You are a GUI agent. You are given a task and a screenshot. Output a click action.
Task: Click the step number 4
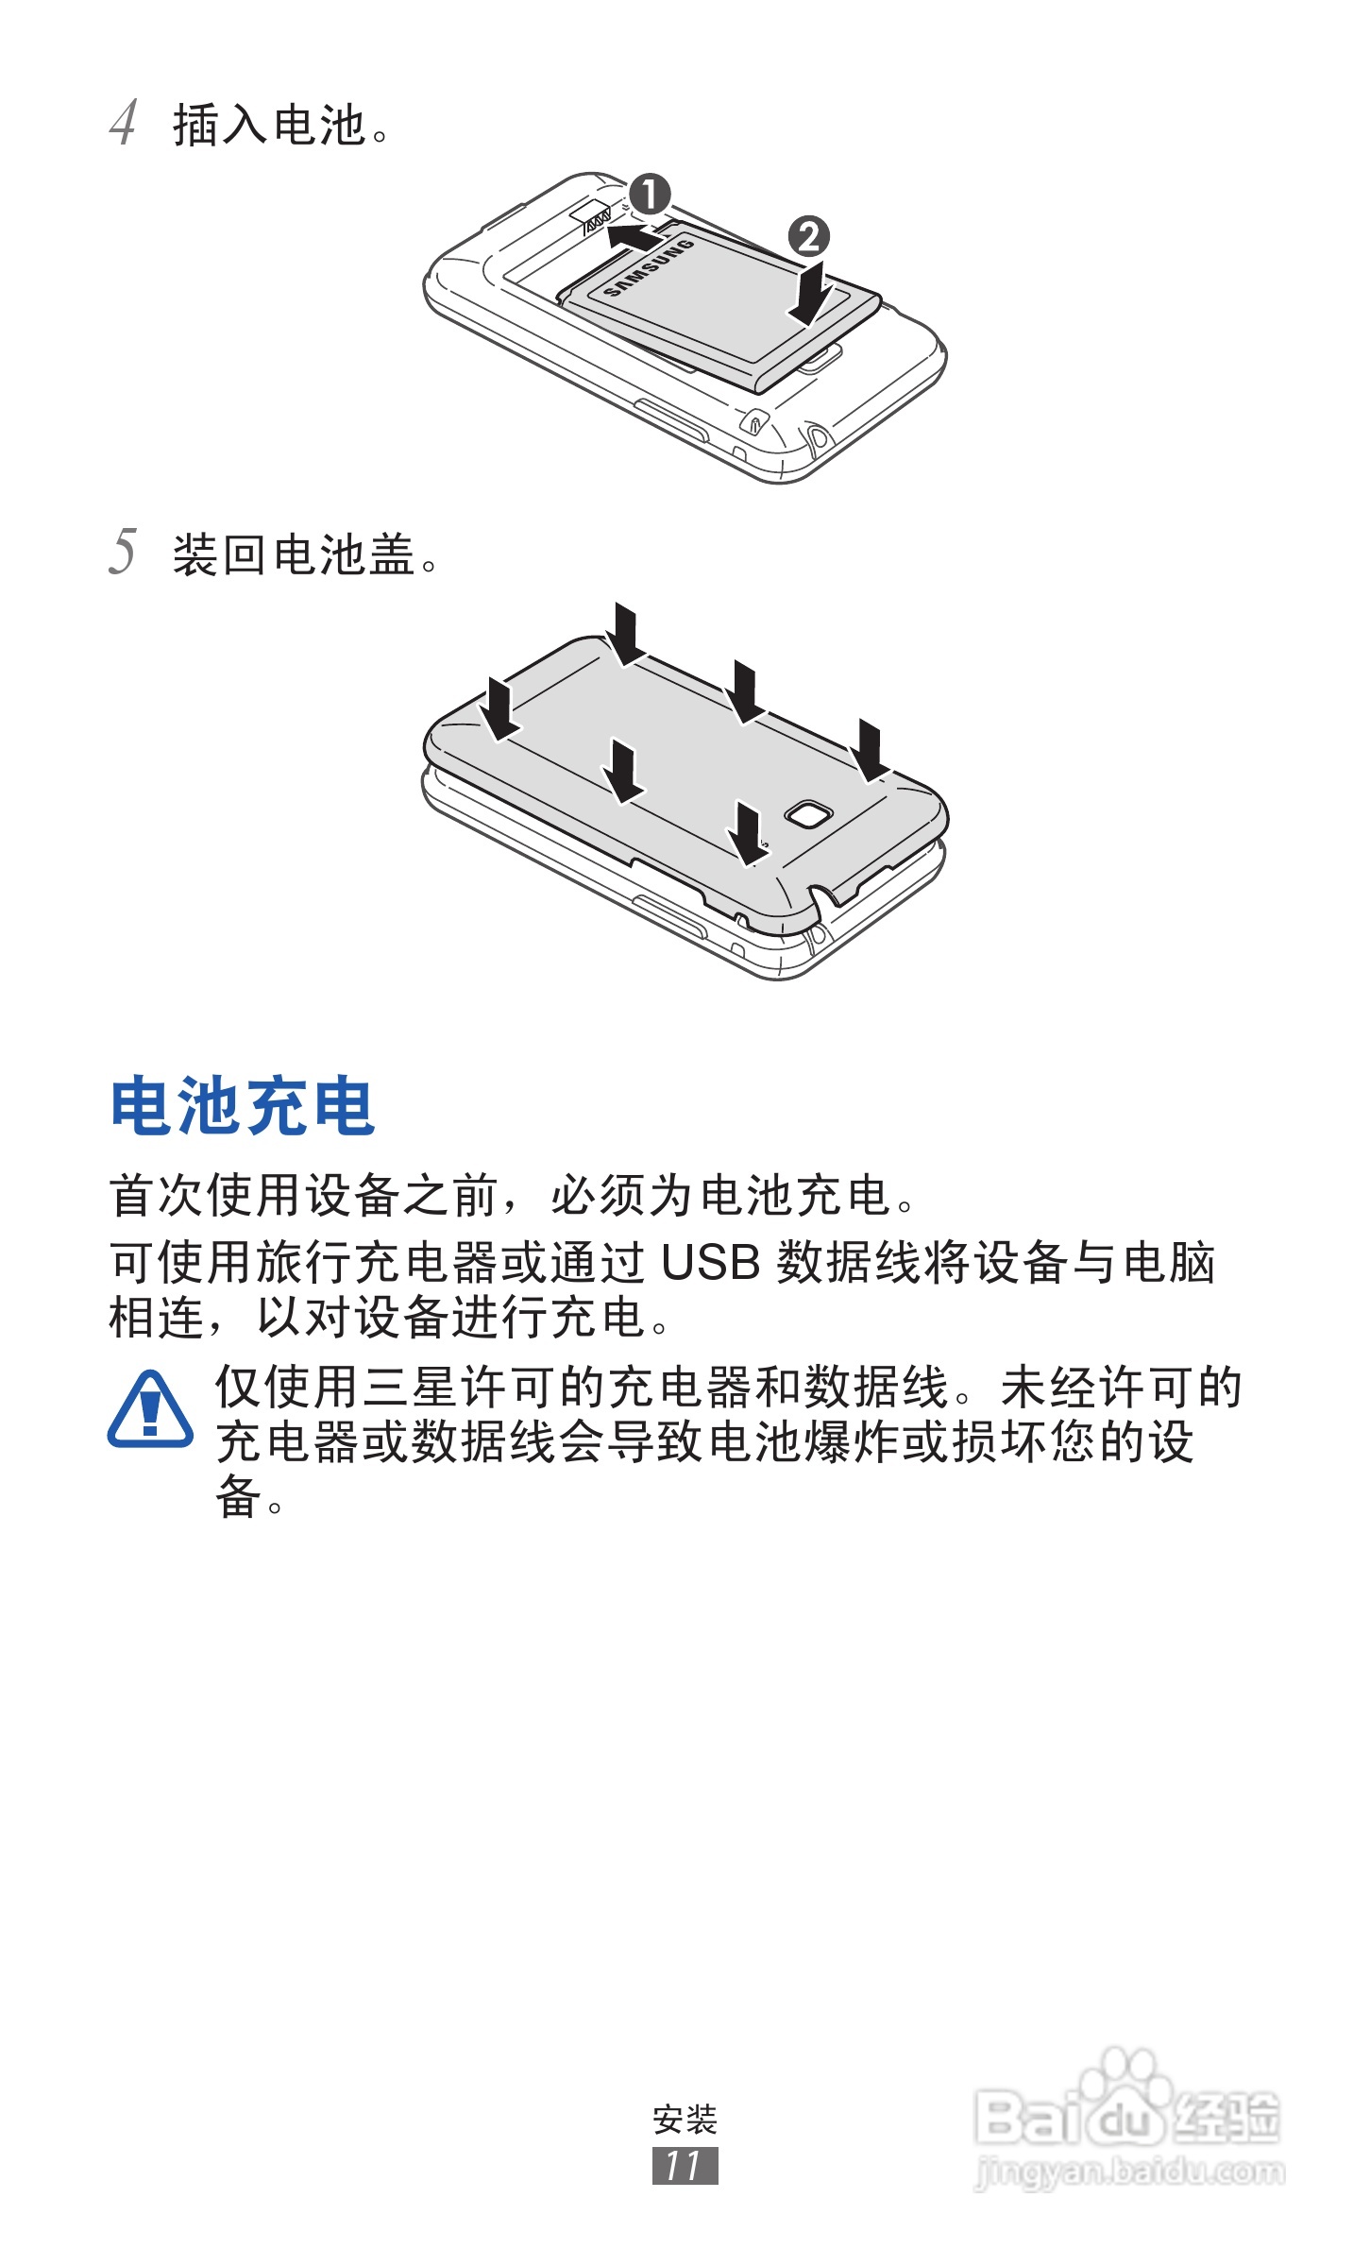[x=124, y=123]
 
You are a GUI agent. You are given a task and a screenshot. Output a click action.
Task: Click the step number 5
[x=124, y=553]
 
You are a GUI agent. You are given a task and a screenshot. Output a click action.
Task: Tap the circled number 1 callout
[x=650, y=195]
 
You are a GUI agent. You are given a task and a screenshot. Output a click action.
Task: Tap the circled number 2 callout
[x=808, y=236]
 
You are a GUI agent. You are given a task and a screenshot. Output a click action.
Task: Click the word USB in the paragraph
[x=710, y=1263]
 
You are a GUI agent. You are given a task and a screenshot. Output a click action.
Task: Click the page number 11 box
[x=685, y=2165]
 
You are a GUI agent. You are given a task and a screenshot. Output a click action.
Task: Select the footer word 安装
[x=685, y=2120]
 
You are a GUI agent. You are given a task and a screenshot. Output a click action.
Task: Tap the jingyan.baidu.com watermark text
[x=1128, y=2172]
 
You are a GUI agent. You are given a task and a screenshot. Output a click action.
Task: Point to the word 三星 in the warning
[x=413, y=1388]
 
